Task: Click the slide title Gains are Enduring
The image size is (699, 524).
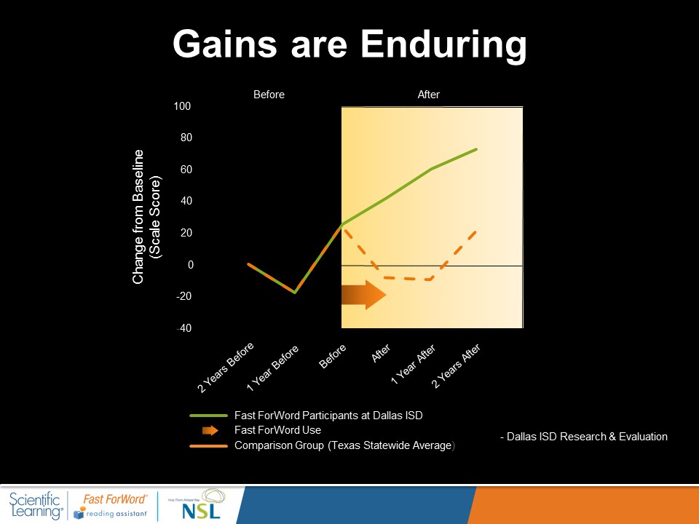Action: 349,45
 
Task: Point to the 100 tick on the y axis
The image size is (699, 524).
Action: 182,107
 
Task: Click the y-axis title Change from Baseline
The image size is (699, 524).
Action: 138,216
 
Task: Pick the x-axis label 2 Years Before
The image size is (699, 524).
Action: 226,368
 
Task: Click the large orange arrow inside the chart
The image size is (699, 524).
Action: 364,295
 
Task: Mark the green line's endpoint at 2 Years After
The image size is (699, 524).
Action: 476,149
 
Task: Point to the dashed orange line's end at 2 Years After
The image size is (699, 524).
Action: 475,232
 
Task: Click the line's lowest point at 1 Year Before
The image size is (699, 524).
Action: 294,293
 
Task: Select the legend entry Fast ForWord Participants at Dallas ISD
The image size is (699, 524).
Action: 328,416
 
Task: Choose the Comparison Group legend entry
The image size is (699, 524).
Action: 344,445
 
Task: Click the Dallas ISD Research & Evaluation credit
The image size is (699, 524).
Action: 583,437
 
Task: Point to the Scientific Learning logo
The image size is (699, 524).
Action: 36,504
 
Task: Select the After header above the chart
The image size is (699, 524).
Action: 429,95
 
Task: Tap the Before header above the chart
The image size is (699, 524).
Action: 269,95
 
